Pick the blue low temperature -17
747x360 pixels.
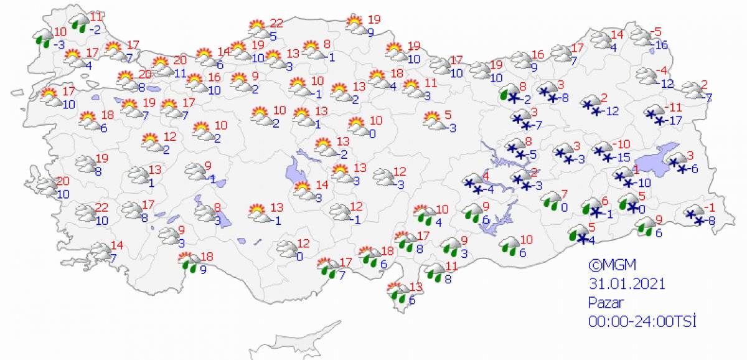pyautogui.click(x=672, y=121)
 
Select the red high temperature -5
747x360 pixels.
pyautogui.click(x=655, y=32)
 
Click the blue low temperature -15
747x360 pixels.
pyautogui.click(x=623, y=158)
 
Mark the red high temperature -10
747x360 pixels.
pyautogui.click(x=623, y=144)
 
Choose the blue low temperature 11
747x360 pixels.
pyautogui.click(x=181, y=73)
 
